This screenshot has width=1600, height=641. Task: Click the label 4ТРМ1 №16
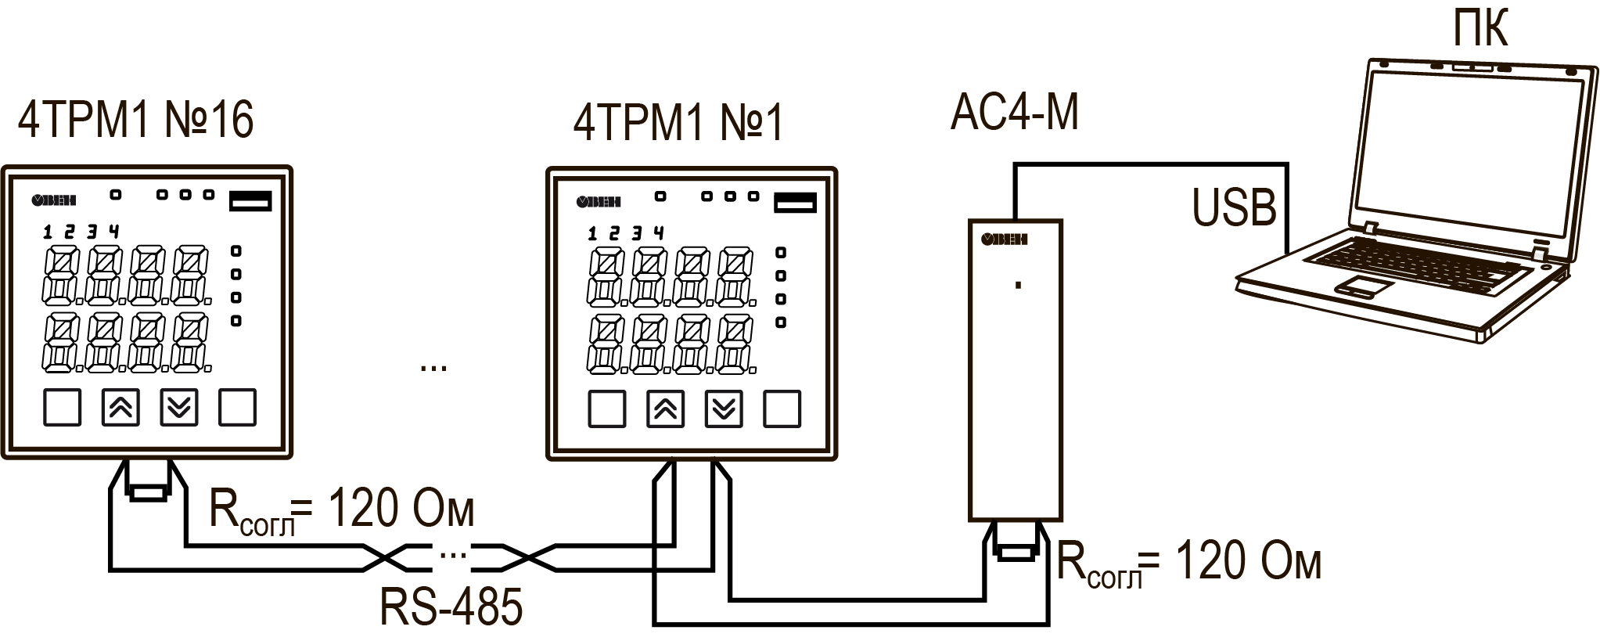[135, 120]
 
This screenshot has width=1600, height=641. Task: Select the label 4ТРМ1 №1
[678, 122]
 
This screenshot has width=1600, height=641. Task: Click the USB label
[1234, 208]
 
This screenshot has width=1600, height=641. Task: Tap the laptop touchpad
[1363, 285]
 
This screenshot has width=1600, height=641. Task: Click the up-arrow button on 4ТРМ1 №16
[121, 407]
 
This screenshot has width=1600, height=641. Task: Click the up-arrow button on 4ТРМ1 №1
[666, 409]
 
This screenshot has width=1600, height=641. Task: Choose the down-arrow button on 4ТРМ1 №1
[724, 409]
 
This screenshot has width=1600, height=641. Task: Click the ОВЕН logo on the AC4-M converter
[1004, 239]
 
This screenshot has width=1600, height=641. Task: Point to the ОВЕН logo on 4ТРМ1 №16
[54, 200]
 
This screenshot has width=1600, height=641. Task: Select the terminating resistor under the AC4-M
[1016, 553]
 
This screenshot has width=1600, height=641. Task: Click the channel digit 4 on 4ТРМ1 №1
[659, 232]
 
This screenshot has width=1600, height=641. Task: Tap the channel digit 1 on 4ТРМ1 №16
[48, 232]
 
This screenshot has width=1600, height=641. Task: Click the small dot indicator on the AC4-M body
[1018, 286]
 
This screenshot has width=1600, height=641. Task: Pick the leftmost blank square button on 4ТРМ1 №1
[606, 409]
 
